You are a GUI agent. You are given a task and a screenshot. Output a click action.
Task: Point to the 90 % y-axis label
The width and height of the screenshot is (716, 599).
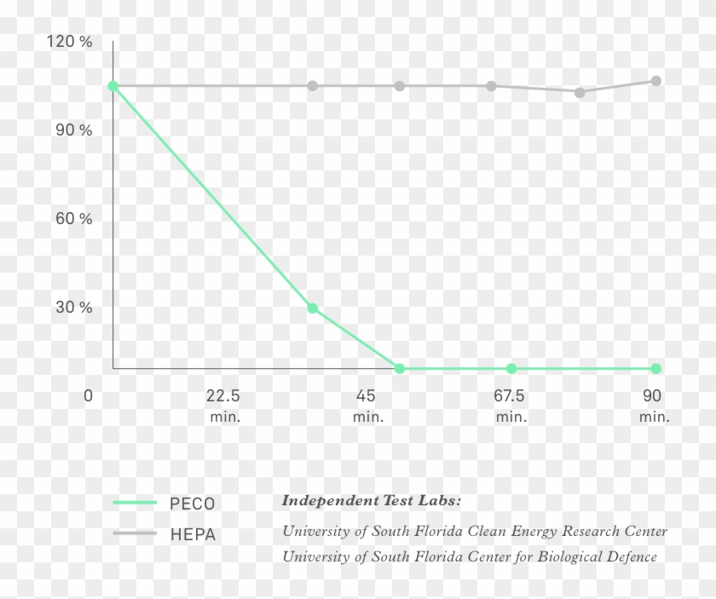pos(74,130)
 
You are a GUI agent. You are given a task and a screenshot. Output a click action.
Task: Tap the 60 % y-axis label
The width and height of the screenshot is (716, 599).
pos(74,219)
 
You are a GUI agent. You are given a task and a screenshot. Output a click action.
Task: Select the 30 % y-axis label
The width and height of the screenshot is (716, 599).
pos(74,308)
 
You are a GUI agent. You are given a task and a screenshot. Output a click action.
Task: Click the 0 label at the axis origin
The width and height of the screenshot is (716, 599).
pos(88,396)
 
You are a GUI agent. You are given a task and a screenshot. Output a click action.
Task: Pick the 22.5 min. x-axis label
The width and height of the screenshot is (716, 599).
pos(224,406)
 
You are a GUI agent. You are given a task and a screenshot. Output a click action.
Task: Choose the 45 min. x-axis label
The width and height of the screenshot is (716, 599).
pos(367,406)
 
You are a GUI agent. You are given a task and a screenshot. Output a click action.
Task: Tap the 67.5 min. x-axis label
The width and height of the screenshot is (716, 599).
pos(510,406)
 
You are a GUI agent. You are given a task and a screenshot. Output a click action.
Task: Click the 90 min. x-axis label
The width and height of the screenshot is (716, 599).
pos(653,406)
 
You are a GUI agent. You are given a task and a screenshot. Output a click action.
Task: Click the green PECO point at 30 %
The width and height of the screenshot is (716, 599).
pos(313,308)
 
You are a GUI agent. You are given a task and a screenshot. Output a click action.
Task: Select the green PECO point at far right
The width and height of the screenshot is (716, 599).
pos(655,368)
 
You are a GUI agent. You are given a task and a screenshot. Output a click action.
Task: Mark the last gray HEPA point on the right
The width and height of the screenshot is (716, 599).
pos(655,81)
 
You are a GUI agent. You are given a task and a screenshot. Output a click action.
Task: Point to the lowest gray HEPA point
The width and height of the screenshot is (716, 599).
pos(580,92)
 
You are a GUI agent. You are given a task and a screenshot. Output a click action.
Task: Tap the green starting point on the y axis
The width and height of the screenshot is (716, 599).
pos(113,86)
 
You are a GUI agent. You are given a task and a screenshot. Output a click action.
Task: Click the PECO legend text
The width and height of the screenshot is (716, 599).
pos(193,504)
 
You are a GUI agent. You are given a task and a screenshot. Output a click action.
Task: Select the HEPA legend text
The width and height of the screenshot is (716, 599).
pos(193,535)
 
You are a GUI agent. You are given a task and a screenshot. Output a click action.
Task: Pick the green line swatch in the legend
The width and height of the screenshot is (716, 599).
pos(135,504)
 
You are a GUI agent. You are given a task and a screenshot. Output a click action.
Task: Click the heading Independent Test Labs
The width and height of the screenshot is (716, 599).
pos(371,500)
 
